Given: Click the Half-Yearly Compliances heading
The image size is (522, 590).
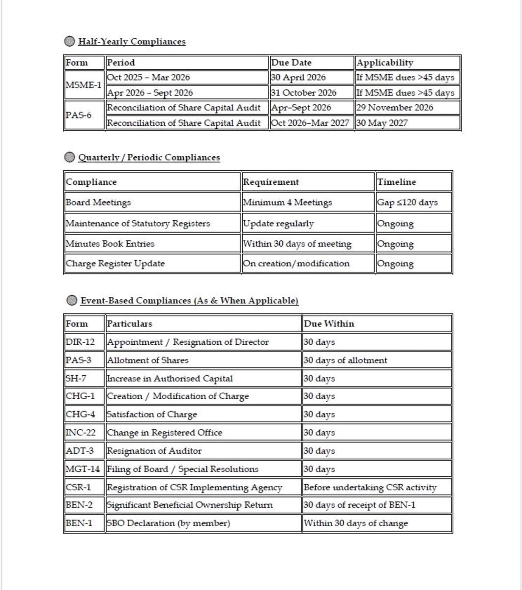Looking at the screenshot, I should (132, 42).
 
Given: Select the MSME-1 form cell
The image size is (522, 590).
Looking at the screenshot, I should (84, 85).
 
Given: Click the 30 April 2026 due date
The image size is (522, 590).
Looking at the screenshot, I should (298, 78).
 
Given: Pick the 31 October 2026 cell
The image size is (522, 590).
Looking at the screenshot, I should (303, 93).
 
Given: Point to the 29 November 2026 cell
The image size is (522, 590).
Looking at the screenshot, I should (395, 108).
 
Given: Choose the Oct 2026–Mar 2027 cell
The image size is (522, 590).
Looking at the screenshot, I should (312, 123).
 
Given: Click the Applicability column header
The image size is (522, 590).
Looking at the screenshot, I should (385, 62).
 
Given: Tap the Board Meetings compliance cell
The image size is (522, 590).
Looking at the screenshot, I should (98, 202).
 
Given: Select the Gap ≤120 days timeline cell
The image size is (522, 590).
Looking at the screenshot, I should (407, 202).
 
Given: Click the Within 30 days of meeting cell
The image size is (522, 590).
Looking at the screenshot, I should (297, 243).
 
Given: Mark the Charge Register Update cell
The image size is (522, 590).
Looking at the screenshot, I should (115, 263).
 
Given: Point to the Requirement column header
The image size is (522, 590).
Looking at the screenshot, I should (271, 182).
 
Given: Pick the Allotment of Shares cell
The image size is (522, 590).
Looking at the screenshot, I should (147, 360).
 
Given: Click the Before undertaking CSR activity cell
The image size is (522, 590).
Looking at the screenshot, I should (370, 487).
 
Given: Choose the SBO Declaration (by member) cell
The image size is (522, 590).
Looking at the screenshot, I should (168, 523).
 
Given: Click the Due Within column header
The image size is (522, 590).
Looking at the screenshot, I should (329, 324).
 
